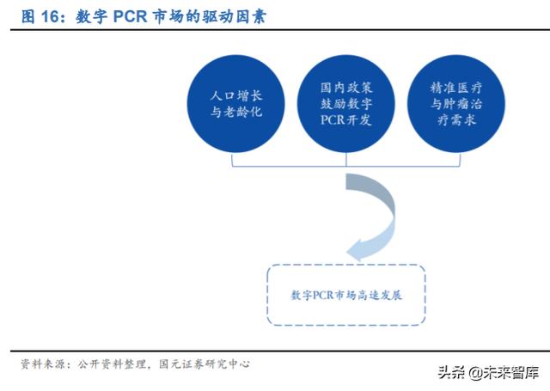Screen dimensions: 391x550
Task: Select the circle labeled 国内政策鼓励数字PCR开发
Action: point(347,103)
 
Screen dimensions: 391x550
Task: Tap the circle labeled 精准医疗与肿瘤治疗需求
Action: point(455,103)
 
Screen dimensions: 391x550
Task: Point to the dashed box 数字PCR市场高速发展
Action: point(347,294)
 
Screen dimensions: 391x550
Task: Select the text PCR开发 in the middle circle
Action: point(347,120)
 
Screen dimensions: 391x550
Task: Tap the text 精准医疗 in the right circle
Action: point(455,87)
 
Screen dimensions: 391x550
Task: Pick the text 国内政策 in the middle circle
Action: point(347,87)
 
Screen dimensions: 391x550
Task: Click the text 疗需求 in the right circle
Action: point(455,120)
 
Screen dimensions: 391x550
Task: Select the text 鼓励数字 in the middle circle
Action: point(347,103)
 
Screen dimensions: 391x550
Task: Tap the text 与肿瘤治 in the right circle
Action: point(455,103)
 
